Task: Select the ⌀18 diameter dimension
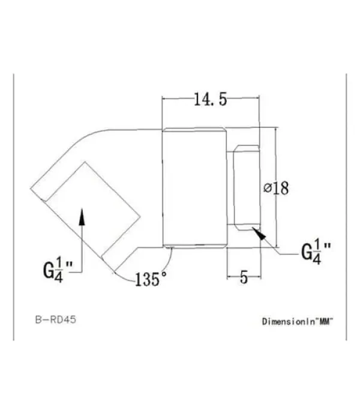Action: click(277, 187)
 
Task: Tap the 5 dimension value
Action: click(244, 277)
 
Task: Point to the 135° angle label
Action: click(151, 279)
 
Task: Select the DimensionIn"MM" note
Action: click(297, 321)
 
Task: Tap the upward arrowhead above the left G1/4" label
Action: click(82, 216)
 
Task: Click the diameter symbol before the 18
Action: click(268, 188)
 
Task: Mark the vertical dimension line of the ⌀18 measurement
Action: click(276, 156)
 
